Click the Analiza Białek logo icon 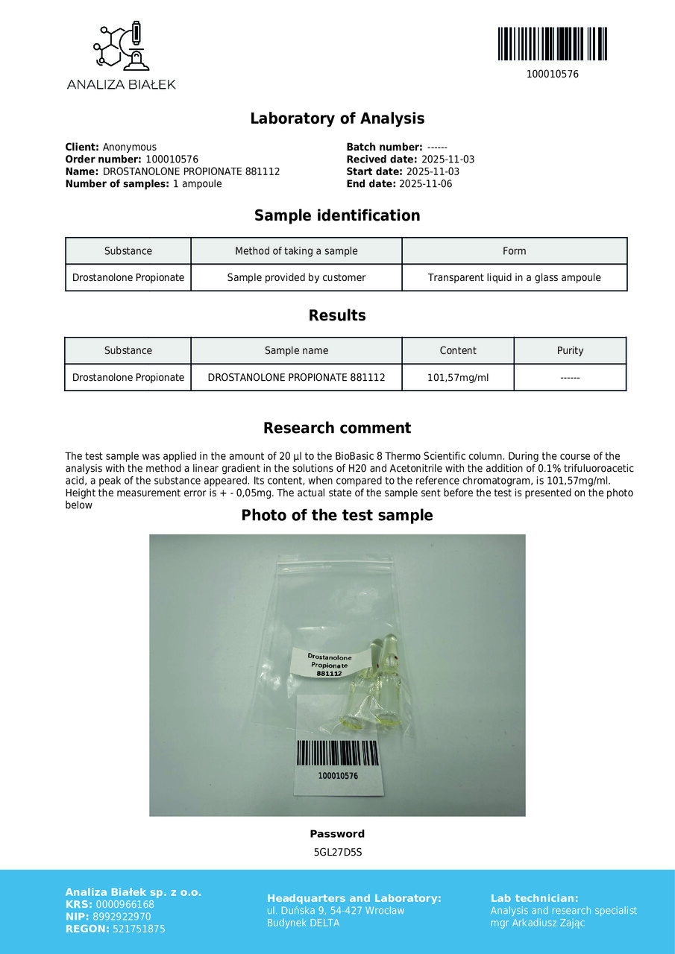(122, 47)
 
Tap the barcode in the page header (552, 44)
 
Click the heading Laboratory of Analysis (337, 119)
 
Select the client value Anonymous (129, 148)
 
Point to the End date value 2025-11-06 (425, 184)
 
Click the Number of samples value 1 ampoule (197, 184)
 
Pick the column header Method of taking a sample (296, 251)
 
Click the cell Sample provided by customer (296, 278)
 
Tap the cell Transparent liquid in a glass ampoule (514, 278)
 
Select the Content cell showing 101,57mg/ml (458, 378)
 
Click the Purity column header (570, 351)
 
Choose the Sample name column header (296, 351)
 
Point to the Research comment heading (337, 429)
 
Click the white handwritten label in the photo (329, 663)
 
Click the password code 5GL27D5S (337, 853)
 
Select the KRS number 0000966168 (125, 905)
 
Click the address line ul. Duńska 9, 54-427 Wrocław (336, 911)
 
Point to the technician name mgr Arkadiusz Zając (537, 923)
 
